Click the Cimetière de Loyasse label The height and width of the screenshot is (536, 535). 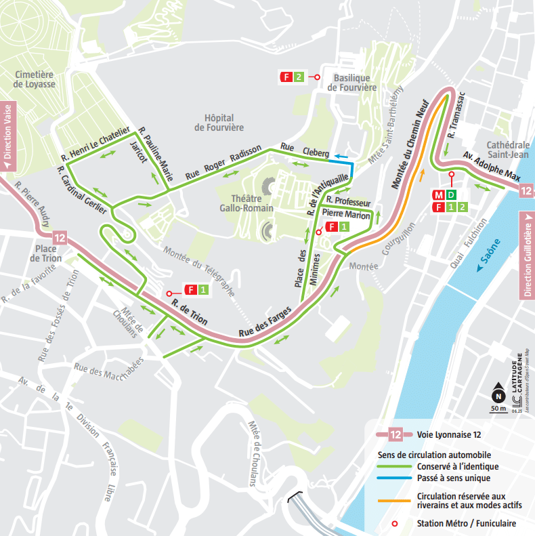pyautogui.click(x=35, y=79)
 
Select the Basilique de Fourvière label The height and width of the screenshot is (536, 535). pyautogui.click(x=351, y=82)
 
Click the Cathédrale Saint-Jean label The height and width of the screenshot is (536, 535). pyautogui.click(x=508, y=150)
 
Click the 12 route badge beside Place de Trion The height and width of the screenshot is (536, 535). pyautogui.click(x=60, y=238)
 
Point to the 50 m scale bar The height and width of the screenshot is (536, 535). pyautogui.click(x=498, y=409)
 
